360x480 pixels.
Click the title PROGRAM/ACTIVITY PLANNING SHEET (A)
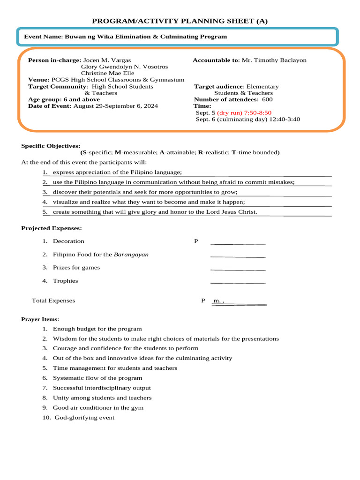point(180,21)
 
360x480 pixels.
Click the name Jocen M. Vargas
point(107,60)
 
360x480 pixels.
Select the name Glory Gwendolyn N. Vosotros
point(124,67)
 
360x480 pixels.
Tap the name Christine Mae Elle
point(107,73)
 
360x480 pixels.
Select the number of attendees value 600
point(267,99)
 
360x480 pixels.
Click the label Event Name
point(43,37)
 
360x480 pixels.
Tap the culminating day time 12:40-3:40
point(285,120)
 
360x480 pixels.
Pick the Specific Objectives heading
point(51,146)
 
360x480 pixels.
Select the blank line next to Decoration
point(238,243)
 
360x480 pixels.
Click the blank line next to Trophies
point(238,282)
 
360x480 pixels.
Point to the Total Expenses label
point(53,300)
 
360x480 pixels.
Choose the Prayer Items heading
point(40,319)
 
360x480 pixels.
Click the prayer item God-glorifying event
point(84,418)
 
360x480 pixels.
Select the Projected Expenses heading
point(52,228)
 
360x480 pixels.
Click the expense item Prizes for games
point(76,268)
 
